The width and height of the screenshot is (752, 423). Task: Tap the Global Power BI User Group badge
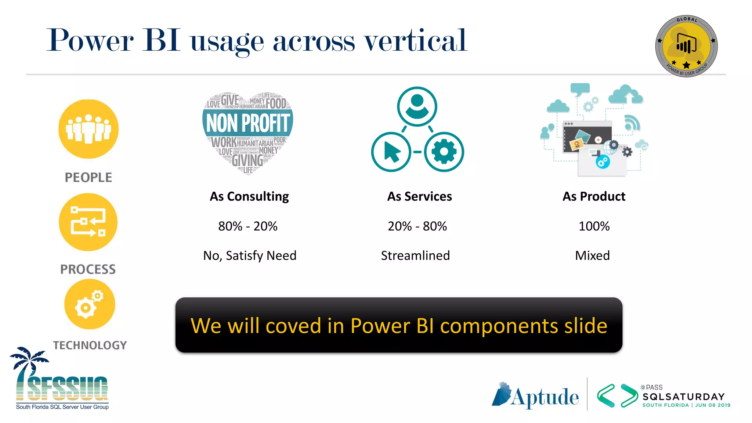coord(686,46)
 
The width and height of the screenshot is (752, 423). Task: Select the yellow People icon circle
coord(88,129)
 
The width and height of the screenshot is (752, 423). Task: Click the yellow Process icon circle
coord(88,222)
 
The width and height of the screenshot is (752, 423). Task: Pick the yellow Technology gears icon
coord(90,304)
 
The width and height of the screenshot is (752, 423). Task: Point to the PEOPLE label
coord(88,177)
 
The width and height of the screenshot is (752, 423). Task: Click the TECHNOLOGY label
coord(90,345)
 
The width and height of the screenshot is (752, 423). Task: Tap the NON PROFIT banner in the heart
coord(248,123)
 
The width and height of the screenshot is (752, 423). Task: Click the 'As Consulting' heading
coord(249,196)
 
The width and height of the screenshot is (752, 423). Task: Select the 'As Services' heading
coord(419,196)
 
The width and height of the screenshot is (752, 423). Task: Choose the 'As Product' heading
coord(594,196)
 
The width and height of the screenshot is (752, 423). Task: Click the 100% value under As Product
coord(594,226)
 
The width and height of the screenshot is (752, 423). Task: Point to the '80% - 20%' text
coord(248,226)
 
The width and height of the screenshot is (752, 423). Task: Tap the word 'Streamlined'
coord(415,256)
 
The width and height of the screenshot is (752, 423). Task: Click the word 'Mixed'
coord(592,256)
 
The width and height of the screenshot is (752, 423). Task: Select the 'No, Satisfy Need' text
coord(250,256)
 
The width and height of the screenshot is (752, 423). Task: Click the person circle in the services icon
coord(417,106)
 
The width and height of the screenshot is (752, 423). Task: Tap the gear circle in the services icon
coord(444,152)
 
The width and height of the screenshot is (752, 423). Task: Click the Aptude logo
coord(535,396)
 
